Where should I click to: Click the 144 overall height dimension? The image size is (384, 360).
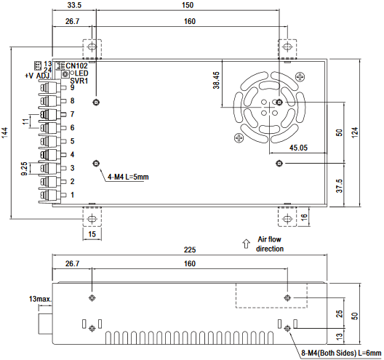(5, 132)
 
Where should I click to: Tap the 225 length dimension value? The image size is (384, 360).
(190, 249)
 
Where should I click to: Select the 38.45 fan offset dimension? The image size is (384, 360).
(216, 80)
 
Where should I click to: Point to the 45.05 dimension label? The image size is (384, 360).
(298, 148)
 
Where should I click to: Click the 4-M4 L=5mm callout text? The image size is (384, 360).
(128, 177)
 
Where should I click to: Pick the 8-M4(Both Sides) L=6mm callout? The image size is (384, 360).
(341, 353)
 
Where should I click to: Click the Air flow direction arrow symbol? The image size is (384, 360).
(246, 244)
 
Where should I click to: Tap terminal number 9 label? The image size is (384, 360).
(72, 87)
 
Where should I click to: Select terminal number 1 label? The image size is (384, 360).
(72, 195)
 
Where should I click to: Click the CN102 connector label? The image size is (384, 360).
(76, 65)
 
